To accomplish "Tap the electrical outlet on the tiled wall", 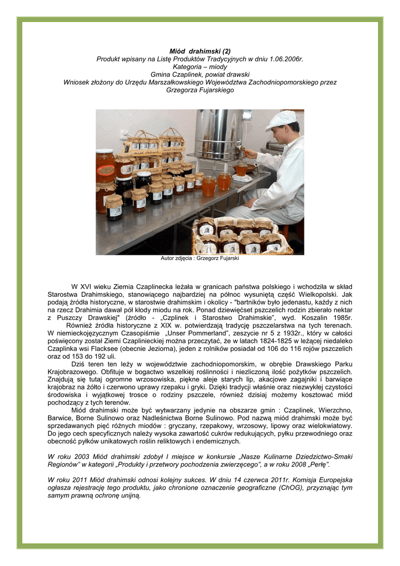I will [124, 134].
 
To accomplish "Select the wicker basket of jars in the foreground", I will [241, 237].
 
